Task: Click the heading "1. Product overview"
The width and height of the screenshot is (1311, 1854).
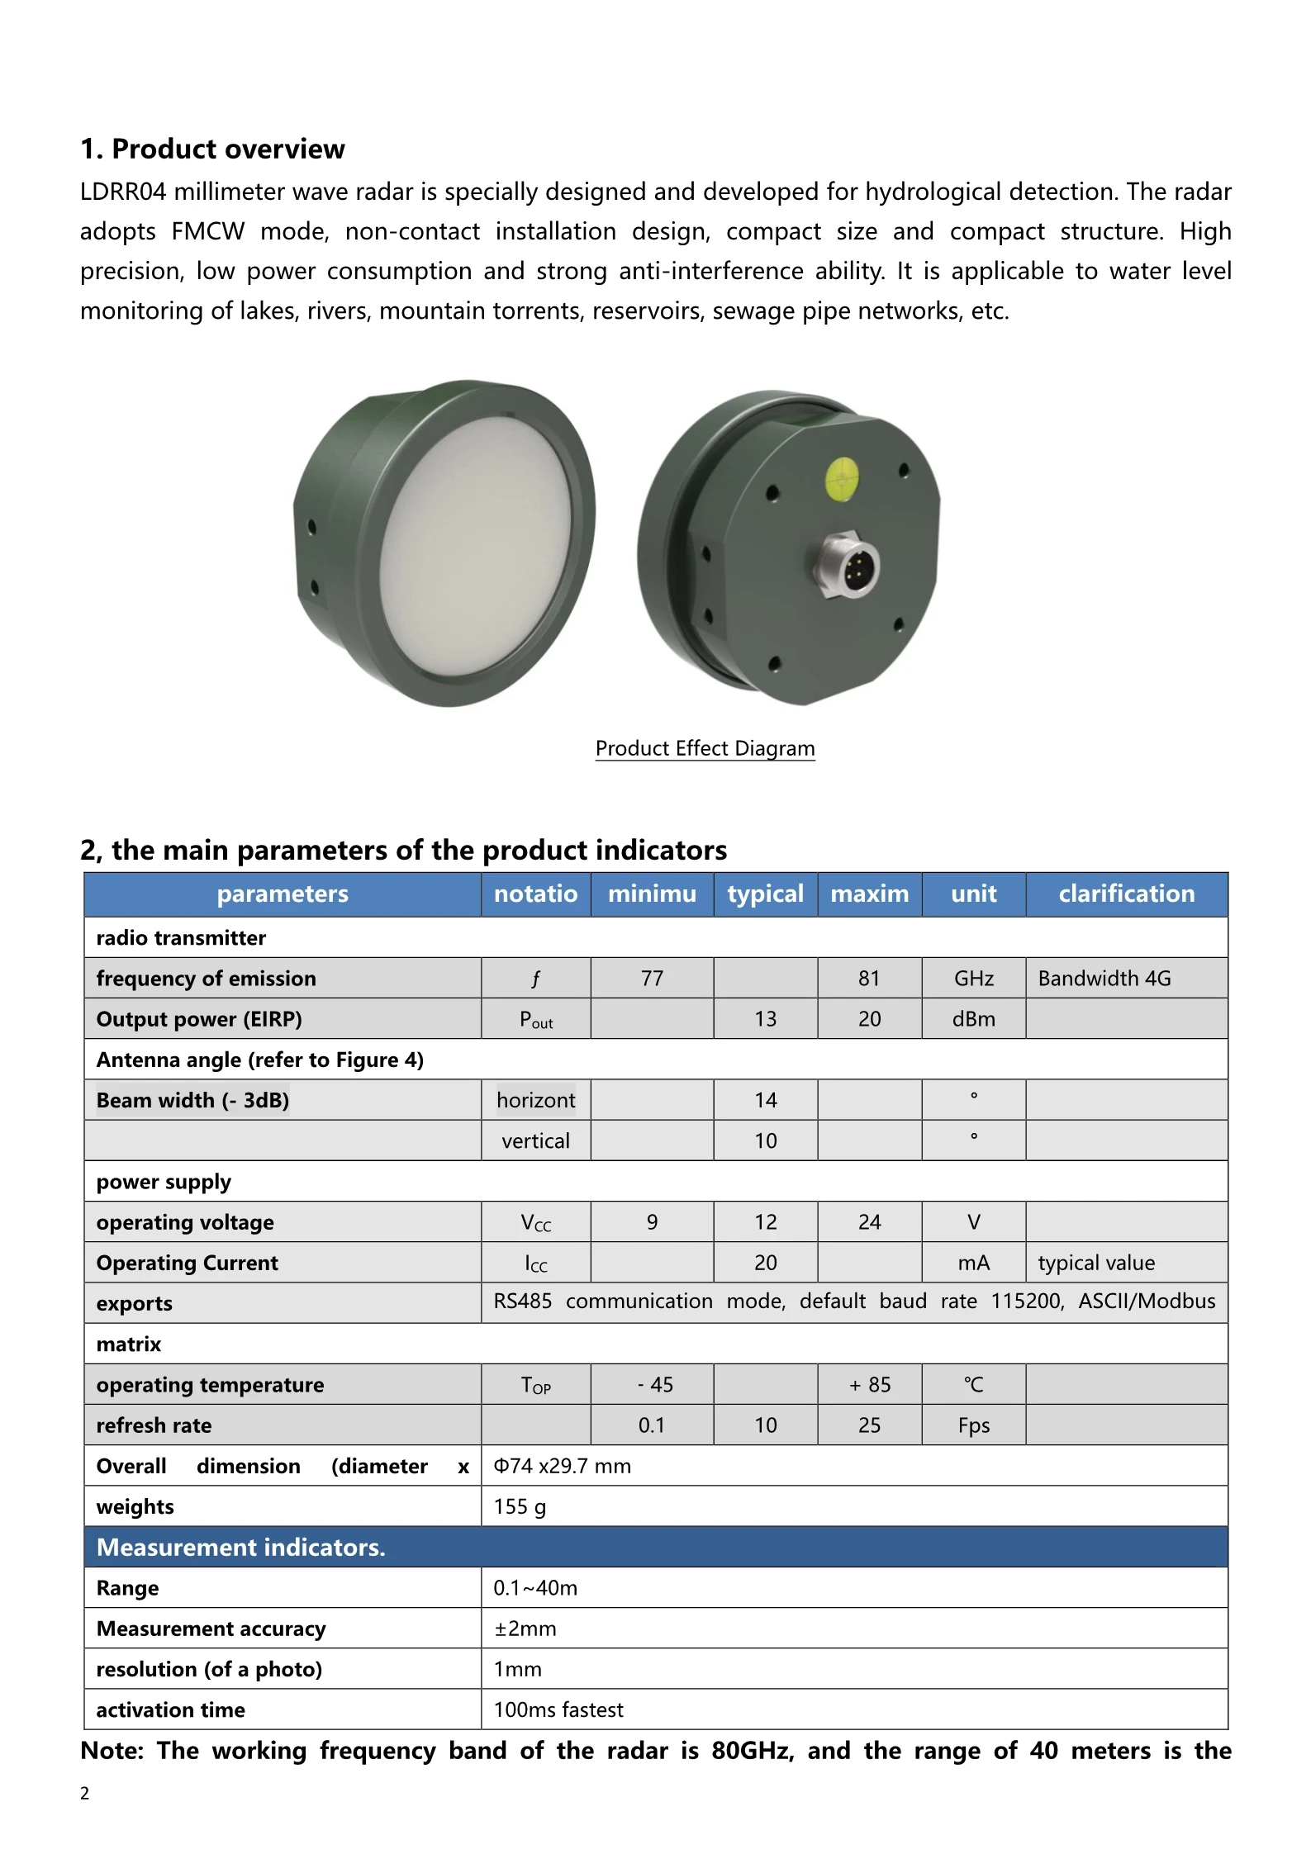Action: click(x=212, y=149)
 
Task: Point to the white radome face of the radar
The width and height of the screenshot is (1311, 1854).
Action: click(x=475, y=543)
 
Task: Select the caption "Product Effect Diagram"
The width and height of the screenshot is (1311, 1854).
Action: click(x=705, y=748)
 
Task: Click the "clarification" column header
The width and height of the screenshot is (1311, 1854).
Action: click(x=1126, y=894)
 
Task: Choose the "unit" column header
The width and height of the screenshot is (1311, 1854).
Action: click(x=973, y=894)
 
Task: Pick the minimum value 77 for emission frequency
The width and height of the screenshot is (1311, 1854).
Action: click(x=652, y=979)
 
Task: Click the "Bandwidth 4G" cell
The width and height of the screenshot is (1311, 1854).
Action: click(x=1104, y=979)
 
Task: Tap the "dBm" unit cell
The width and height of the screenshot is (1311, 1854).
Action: click(x=973, y=1019)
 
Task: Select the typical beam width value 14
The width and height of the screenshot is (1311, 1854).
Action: click(x=765, y=1100)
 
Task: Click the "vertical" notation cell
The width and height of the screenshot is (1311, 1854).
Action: click(x=535, y=1141)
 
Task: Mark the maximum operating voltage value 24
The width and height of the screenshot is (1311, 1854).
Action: click(x=869, y=1222)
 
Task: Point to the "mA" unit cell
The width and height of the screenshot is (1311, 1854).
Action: click(x=973, y=1263)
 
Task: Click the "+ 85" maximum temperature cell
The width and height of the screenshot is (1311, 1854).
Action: click(x=869, y=1385)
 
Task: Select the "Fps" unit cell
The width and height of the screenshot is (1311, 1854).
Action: click(x=973, y=1426)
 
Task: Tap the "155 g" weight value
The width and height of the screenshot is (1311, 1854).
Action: click(x=520, y=1507)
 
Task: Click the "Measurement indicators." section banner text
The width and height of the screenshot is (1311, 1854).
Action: click(x=241, y=1548)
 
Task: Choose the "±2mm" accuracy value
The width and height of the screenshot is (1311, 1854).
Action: click(x=525, y=1629)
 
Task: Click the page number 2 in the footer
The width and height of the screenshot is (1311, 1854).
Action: click(x=84, y=1793)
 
